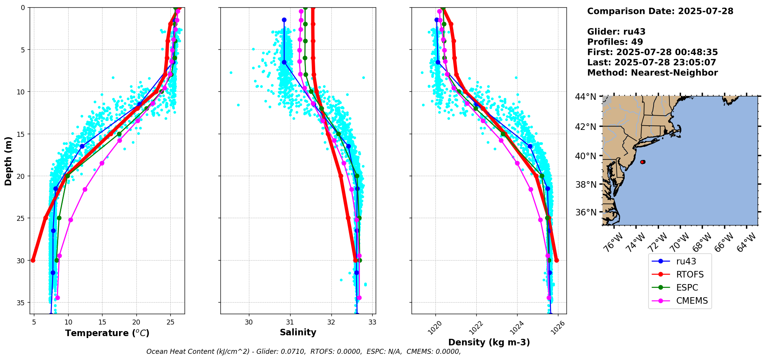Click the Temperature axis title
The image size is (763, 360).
(x=107, y=333)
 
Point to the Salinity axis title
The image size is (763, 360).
(x=298, y=332)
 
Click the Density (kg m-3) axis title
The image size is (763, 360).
(x=489, y=342)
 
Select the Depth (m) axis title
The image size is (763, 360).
(x=8, y=161)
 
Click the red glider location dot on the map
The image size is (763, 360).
(x=642, y=162)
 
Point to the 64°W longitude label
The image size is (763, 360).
(x=746, y=243)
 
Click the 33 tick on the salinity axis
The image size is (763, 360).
(x=372, y=322)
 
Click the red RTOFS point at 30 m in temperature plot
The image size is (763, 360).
(x=33, y=260)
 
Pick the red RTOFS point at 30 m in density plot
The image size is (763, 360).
(x=556, y=260)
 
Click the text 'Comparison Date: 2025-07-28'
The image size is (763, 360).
(x=660, y=11)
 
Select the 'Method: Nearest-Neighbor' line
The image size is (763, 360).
(x=652, y=73)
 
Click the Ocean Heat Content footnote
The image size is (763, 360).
(x=303, y=352)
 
